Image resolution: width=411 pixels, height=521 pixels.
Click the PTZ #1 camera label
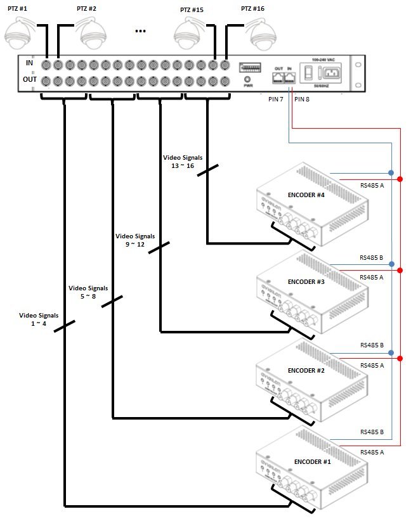pos(17,9)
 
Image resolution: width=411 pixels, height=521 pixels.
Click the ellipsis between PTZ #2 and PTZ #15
pos(141,30)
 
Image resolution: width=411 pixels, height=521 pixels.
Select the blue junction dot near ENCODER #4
pos(391,172)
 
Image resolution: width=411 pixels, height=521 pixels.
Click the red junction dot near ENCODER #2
pos(400,359)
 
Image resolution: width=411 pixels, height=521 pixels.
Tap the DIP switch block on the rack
pos(249,67)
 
